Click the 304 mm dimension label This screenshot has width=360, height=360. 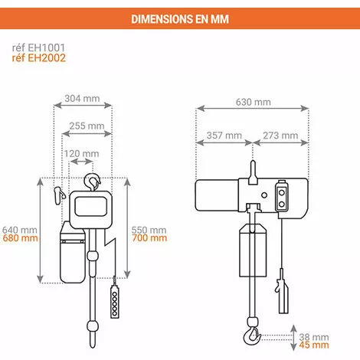[x=83, y=100]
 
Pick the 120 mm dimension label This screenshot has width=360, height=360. [x=82, y=154]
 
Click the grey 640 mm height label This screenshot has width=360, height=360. [x=19, y=229]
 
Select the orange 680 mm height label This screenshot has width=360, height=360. [x=19, y=238]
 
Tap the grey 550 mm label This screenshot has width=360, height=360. [x=148, y=229]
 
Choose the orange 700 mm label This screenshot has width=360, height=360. [x=148, y=238]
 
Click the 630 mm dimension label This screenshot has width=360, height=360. [x=252, y=102]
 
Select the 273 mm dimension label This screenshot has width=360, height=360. [x=280, y=136]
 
